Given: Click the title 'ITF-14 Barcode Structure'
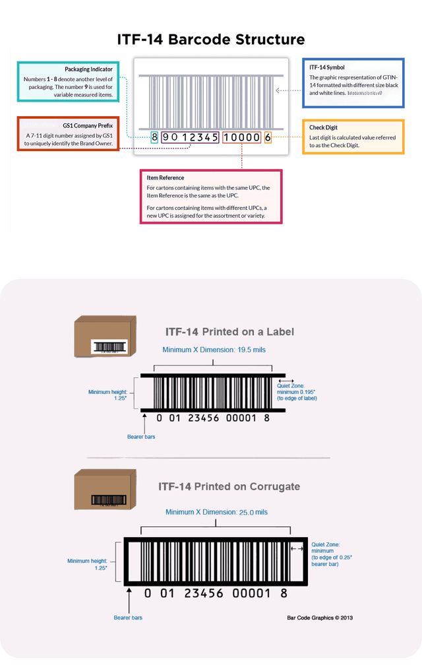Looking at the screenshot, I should (211, 40).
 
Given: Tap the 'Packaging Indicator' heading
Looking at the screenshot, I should (88, 69).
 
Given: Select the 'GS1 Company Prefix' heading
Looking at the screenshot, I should (88, 124).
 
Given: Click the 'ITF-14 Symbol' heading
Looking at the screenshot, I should (327, 67).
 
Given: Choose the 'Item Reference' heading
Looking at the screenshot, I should (166, 177).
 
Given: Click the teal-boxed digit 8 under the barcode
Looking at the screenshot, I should (154, 137).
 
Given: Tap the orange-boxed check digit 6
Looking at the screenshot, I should (268, 137).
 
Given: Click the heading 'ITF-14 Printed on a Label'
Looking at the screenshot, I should (229, 331).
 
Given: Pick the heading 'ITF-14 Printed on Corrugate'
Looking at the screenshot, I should (229, 486).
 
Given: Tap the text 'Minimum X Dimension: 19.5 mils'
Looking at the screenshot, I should (214, 350).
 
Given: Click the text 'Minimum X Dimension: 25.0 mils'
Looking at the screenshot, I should (216, 512).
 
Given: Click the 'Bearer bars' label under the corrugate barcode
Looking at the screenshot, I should (128, 618).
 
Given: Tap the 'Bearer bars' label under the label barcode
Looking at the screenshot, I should (140, 437).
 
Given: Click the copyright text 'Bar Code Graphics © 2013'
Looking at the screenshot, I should (320, 618).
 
